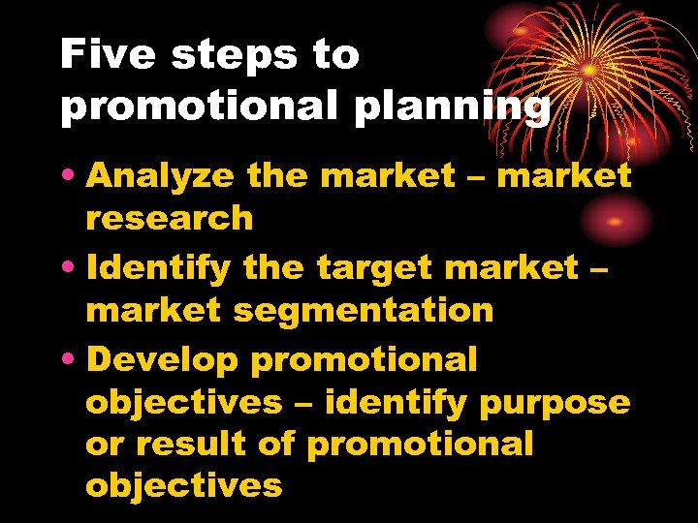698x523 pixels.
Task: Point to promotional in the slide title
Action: [x=200, y=107]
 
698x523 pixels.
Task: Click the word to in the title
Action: [x=335, y=56]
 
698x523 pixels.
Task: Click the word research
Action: [x=170, y=218]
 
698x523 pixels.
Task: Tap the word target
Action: [x=378, y=267]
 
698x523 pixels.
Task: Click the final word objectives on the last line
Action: [x=184, y=485]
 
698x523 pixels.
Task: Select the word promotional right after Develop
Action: [x=365, y=360]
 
